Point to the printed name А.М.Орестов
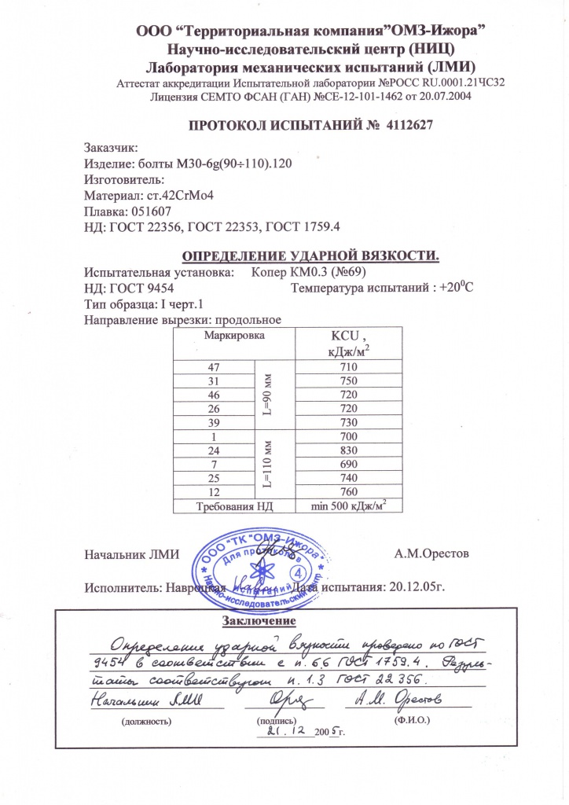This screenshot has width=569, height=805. coord(431,553)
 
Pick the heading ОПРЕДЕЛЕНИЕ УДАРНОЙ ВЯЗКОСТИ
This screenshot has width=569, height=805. coord(310,256)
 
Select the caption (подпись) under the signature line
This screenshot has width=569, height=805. coord(271,719)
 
